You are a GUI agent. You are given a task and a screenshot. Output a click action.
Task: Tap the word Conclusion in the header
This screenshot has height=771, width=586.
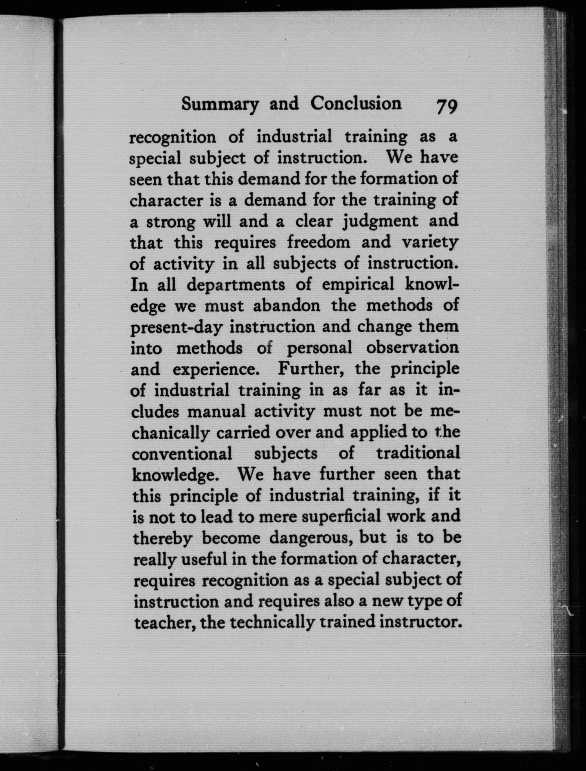(356, 103)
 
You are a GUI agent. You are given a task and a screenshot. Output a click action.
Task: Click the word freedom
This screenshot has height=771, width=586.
(318, 243)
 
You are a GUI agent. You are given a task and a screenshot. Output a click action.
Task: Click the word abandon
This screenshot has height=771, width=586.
(287, 306)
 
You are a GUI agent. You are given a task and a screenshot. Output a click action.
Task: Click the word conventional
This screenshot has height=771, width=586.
(182, 454)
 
